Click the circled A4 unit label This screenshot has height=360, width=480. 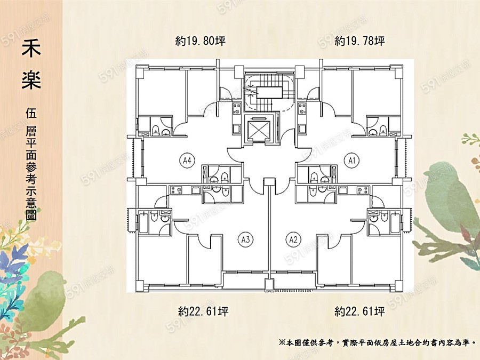point(187,160)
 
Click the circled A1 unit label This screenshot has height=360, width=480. point(351,160)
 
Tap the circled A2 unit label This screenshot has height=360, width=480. point(293,239)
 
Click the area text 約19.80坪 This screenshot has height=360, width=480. point(201,41)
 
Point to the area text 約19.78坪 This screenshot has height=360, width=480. point(359,41)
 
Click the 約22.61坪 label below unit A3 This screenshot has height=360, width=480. point(203,311)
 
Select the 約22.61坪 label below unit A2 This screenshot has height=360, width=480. point(359,311)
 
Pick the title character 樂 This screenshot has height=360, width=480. point(31,78)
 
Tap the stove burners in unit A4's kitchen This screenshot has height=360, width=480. point(237,109)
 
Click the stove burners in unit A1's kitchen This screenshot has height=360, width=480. point(302,109)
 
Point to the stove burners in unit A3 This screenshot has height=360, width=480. point(175,190)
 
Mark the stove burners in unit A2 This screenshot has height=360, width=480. point(363,190)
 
